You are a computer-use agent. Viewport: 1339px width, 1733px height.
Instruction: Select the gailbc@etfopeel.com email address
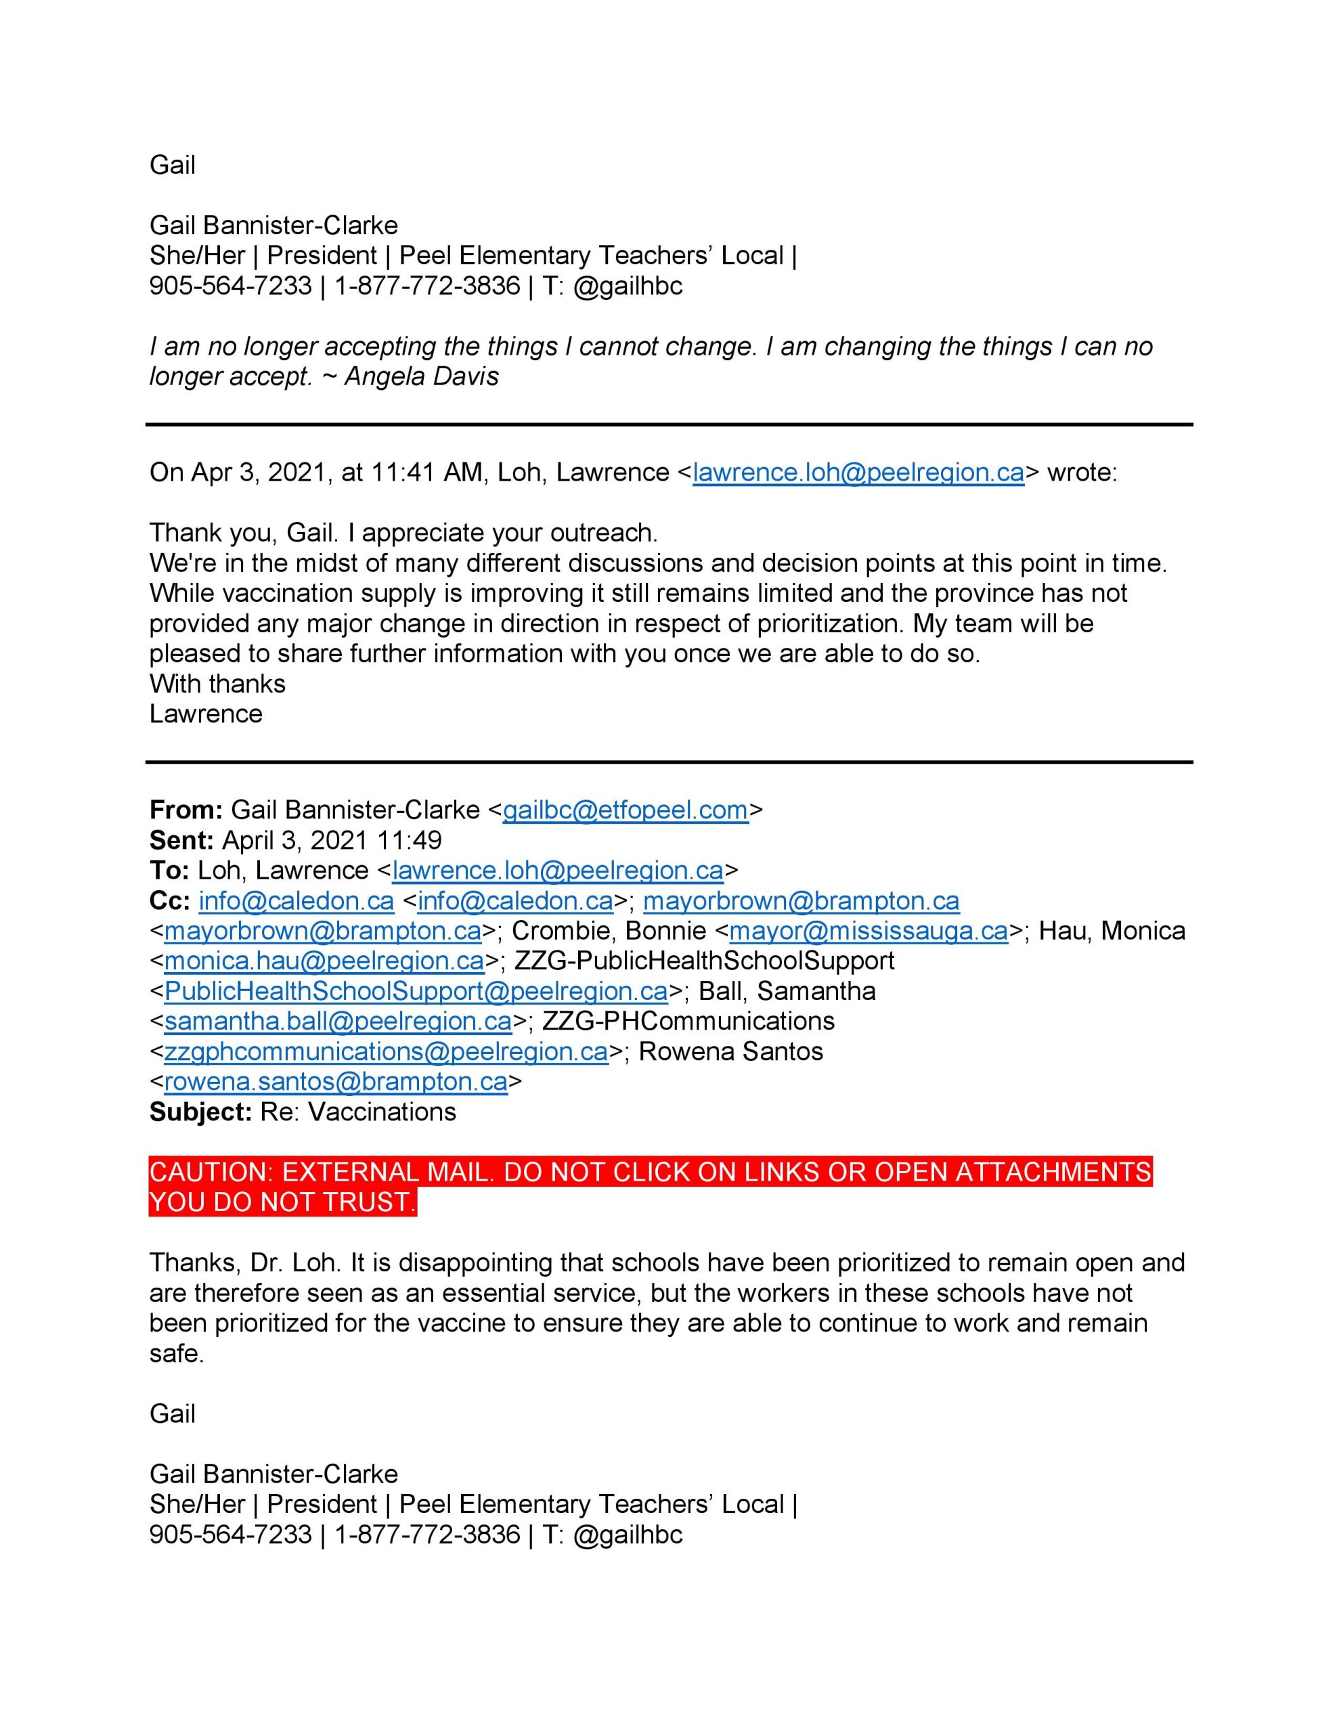coord(625,810)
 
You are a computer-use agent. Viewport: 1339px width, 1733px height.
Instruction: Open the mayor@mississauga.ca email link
coord(869,931)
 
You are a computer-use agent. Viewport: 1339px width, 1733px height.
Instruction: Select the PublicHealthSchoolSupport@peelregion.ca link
coord(416,991)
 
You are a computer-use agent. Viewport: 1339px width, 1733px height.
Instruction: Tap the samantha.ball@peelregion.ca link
coord(338,1022)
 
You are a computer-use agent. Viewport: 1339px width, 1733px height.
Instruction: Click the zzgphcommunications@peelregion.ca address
coord(386,1051)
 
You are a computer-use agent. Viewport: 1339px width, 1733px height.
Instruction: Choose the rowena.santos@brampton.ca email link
coord(336,1082)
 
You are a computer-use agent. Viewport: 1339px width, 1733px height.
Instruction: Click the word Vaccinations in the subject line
coord(382,1112)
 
